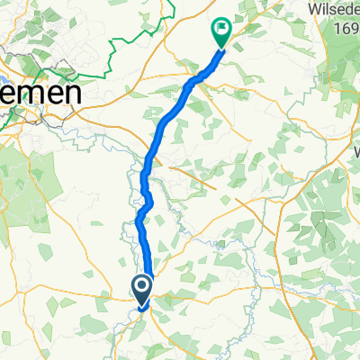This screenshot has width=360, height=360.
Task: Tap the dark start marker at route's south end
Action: point(142,289)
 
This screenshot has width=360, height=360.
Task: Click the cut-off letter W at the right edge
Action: point(355,151)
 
